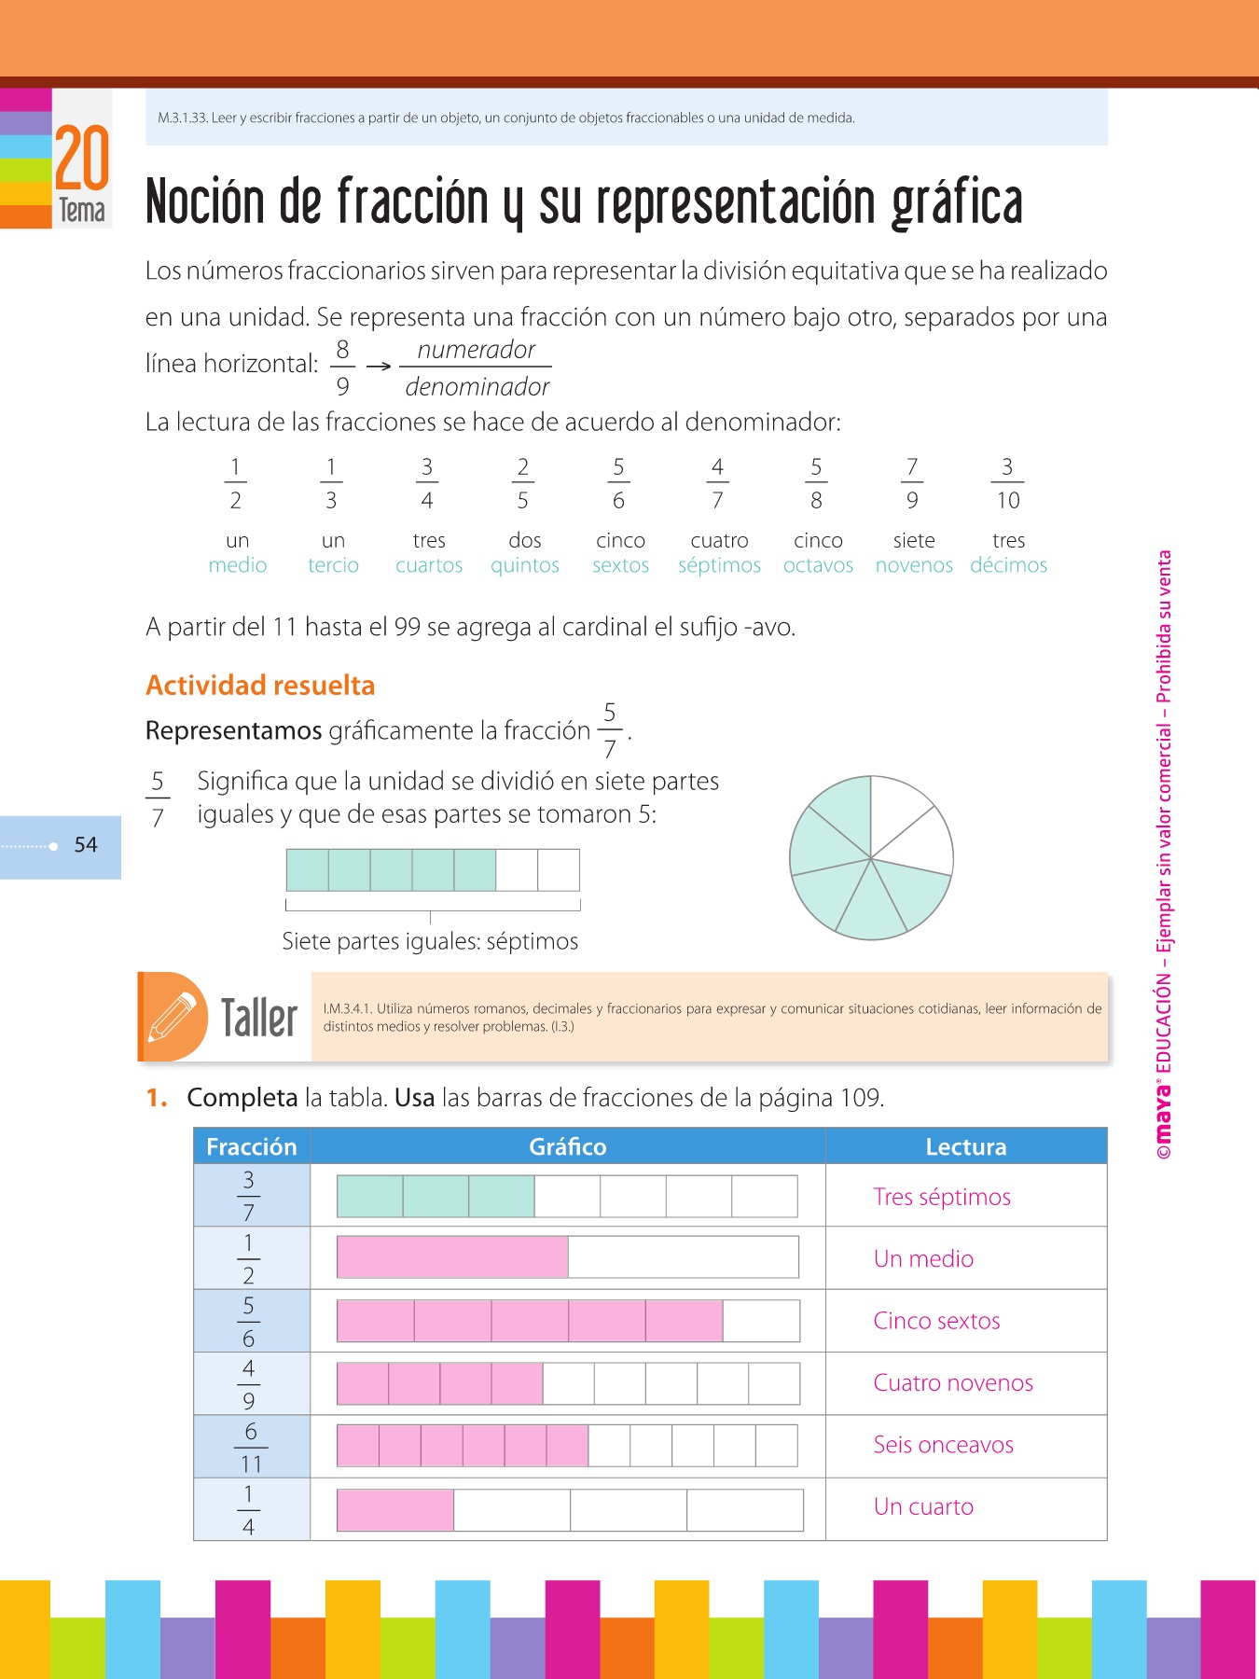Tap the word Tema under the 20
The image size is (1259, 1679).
[x=82, y=211]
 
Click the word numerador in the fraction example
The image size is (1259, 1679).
[x=476, y=350]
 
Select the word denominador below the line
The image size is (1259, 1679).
[x=477, y=386]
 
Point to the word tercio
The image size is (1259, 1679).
[x=333, y=565]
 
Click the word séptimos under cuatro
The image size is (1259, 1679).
[x=719, y=565]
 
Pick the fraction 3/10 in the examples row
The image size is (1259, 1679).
[x=1007, y=483]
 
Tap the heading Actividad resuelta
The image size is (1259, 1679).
[x=260, y=686]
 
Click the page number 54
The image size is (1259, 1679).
[x=86, y=845]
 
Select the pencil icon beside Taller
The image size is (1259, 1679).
[x=173, y=1017]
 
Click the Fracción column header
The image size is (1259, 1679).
[x=251, y=1146]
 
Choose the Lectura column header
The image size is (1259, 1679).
[x=965, y=1146]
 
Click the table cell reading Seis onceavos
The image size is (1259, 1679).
[x=943, y=1445]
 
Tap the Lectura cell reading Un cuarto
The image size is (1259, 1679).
[x=923, y=1506]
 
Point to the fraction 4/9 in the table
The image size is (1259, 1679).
[x=249, y=1383]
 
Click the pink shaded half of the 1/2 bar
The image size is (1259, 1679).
[x=452, y=1257]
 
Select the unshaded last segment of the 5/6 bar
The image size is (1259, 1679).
[x=761, y=1321]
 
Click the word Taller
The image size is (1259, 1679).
[x=259, y=1017]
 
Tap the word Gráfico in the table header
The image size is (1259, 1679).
[x=567, y=1146]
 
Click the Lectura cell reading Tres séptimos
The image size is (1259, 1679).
[x=942, y=1197]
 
